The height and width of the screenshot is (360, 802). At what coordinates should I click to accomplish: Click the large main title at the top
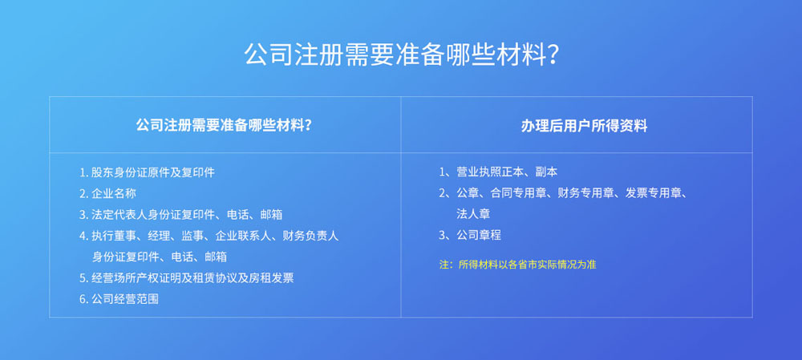400,55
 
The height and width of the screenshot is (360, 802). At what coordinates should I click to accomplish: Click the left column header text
225,125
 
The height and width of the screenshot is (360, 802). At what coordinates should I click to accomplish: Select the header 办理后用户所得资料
584,126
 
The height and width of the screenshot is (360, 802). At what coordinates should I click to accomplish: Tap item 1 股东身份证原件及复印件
148,172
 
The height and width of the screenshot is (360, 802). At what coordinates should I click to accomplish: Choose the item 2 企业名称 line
108,193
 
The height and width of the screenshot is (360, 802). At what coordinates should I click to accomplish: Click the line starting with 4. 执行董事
209,236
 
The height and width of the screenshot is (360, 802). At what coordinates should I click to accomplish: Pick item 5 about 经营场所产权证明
187,277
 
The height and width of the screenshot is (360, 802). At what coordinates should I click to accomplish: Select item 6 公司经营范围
119,299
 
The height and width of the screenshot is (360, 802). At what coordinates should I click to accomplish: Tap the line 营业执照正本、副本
498,172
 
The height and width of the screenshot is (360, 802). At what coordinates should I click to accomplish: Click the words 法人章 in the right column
474,214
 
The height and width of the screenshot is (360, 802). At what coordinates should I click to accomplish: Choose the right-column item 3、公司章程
470,235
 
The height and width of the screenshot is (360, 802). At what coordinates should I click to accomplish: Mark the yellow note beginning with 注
517,265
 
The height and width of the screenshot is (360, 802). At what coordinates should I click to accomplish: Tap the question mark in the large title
553,55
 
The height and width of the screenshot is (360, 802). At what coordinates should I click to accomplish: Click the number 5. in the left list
84,277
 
